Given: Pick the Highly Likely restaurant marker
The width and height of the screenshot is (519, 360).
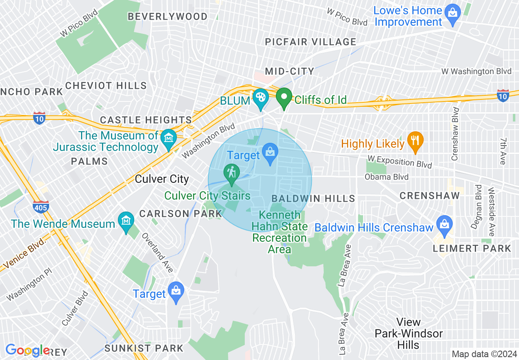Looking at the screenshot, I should point(415,140).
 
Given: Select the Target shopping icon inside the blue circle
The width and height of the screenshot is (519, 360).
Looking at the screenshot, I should point(270,152).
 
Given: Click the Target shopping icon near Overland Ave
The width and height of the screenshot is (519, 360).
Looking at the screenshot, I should point(176,291).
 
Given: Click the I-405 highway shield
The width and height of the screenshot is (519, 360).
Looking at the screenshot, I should point(41,207).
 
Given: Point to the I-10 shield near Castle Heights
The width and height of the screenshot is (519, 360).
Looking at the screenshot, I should point(39,117).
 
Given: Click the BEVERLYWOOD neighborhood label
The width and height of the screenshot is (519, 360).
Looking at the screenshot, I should point(167,17).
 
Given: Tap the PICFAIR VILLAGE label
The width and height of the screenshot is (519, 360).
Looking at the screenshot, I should point(310,42).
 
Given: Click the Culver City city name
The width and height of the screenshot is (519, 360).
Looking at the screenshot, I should point(162,179).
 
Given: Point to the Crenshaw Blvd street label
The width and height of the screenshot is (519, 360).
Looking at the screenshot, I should point(455,134).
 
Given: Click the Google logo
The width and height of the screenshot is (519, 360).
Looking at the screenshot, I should point(27,350).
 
